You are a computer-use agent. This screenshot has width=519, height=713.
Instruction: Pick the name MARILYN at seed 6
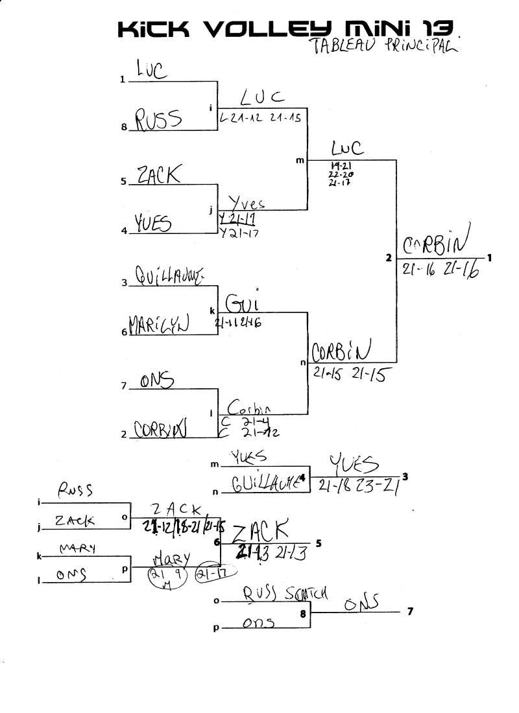[158, 323]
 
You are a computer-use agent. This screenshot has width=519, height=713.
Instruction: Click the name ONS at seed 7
[157, 381]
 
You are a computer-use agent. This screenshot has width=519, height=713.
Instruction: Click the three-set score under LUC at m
[341, 174]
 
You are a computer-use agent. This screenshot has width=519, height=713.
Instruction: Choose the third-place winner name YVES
[354, 464]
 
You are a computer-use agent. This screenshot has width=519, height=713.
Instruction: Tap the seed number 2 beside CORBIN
[123, 434]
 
